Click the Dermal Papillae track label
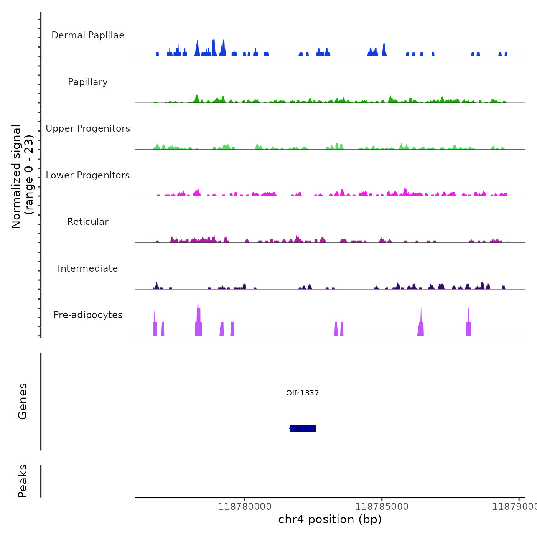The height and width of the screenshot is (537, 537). point(88,35)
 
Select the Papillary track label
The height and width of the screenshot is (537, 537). point(88,82)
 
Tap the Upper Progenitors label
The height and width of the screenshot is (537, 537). point(88,128)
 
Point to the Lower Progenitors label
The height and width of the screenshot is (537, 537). point(88,175)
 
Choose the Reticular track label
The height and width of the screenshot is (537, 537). point(88,222)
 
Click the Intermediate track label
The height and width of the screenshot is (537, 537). point(88,268)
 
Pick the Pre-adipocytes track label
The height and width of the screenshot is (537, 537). point(88,315)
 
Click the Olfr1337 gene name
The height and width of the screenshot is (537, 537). point(302,393)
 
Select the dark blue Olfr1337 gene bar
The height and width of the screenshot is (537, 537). point(303,428)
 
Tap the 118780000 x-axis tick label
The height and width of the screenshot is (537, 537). point(245,507)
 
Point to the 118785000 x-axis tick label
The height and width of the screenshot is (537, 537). point(382,507)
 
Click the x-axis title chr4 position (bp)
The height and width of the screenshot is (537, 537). point(330,519)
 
